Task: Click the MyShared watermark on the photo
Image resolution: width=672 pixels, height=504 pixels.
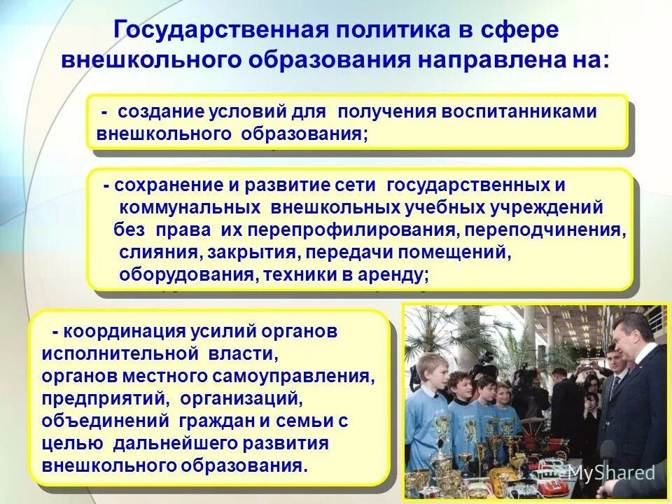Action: pos(610,472)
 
